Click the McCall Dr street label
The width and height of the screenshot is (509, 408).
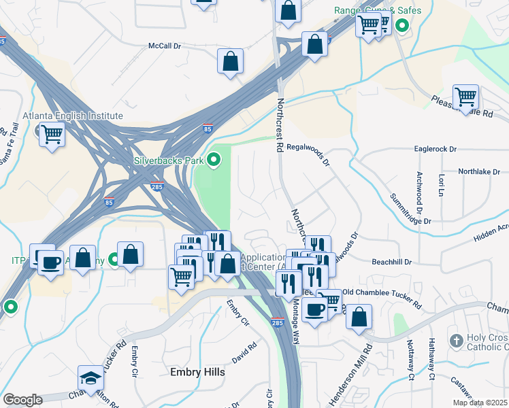pos(165,46)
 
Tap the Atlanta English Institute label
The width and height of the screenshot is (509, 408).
pos(73,116)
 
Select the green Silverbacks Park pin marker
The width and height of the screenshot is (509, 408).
pos(214,160)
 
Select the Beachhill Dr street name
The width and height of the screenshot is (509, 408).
pos(392,261)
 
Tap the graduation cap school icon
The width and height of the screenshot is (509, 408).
pos(91,377)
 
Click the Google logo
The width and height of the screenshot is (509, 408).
pos(22,400)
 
